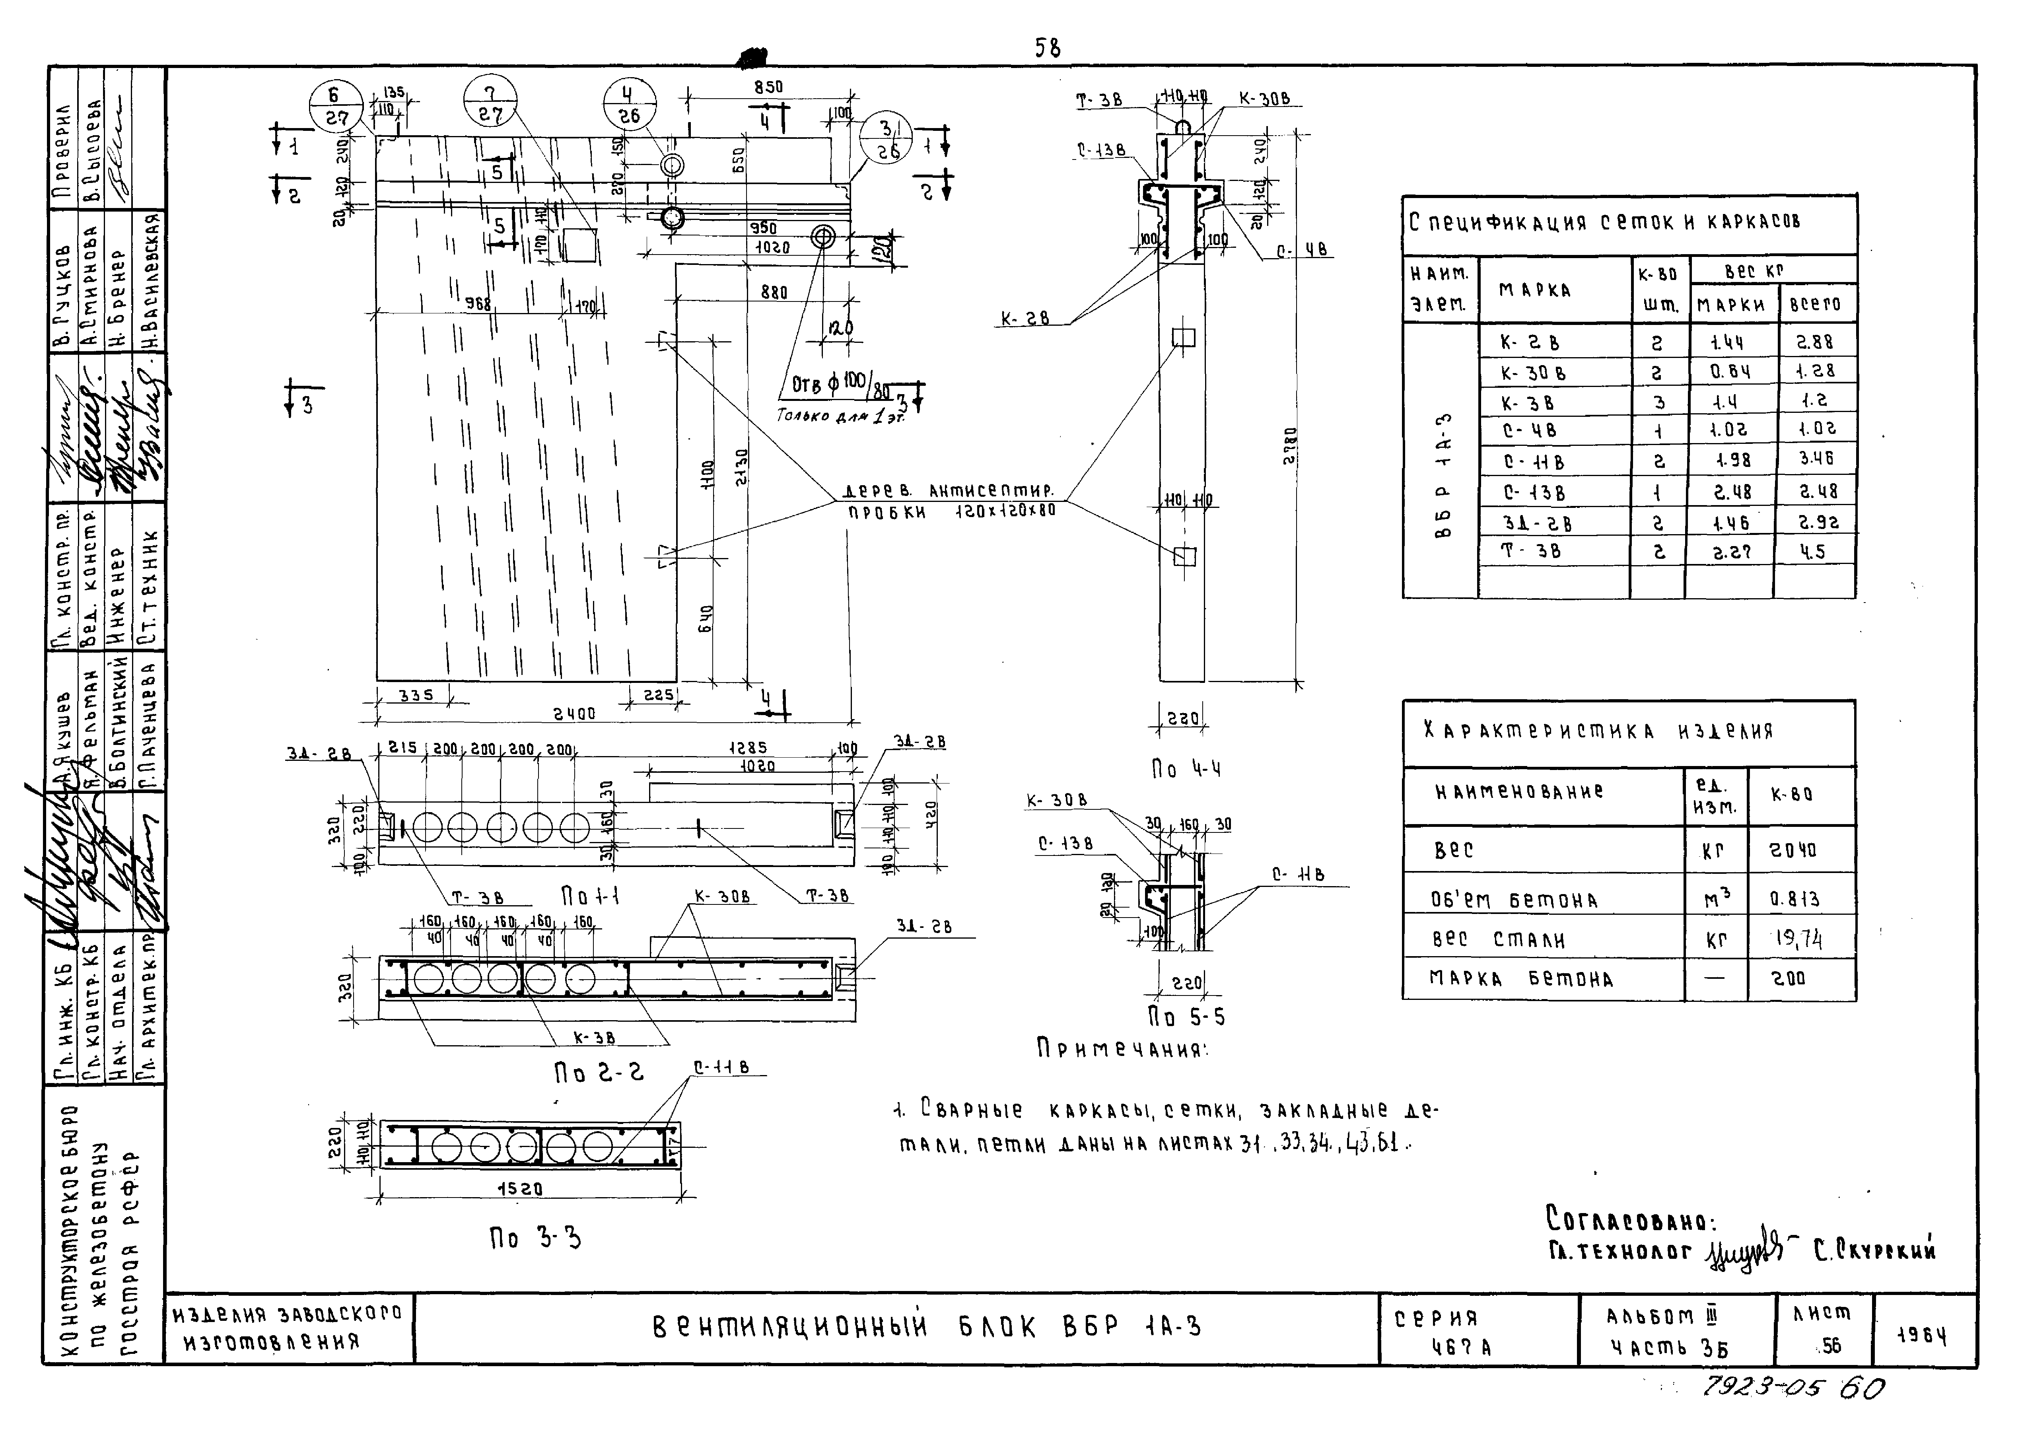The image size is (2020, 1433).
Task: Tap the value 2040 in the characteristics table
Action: (x=1793, y=851)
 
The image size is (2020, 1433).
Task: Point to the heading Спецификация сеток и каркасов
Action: (x=1604, y=222)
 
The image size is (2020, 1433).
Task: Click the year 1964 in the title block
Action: (x=1922, y=1336)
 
